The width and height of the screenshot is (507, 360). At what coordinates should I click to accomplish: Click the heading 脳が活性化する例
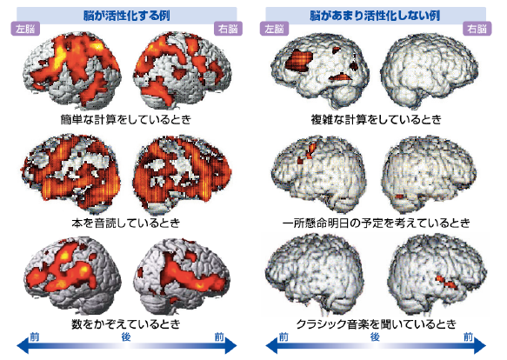127,15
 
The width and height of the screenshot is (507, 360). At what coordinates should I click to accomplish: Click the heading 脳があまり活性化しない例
375,15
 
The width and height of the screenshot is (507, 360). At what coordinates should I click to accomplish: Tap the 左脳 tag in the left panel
25,29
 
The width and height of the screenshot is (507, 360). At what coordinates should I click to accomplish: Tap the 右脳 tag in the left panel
228,29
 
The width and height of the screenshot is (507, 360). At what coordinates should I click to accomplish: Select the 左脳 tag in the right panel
274,29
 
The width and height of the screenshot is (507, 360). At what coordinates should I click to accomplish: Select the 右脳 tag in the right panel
477,29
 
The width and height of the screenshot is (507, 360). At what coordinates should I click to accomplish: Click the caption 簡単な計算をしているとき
126,119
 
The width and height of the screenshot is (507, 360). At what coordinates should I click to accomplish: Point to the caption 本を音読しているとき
126,223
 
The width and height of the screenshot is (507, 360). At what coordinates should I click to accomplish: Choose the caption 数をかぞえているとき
126,323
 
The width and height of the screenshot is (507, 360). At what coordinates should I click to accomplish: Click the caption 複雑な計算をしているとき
376,119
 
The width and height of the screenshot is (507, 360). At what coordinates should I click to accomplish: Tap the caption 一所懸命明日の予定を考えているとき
376,223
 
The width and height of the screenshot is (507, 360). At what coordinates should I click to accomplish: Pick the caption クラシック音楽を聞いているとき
376,323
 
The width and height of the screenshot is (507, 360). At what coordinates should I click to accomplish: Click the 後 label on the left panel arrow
126,337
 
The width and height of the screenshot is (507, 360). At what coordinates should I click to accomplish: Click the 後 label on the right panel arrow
375,337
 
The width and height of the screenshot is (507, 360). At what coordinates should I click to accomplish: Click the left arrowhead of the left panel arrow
23,346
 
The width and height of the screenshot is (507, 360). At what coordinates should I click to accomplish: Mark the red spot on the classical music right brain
445,282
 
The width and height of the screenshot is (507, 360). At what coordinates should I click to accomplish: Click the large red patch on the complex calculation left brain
299,61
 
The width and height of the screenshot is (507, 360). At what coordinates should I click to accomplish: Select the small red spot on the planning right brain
400,197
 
